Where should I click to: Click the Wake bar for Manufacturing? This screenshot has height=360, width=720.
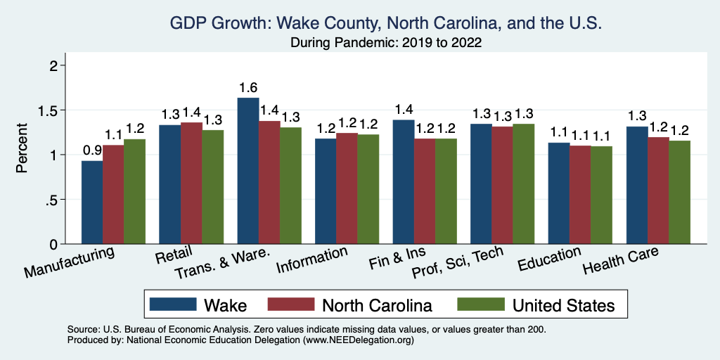pos(92,202)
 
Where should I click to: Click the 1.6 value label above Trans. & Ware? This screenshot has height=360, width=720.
pos(247,88)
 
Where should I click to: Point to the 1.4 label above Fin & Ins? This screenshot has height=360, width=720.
pos(403,110)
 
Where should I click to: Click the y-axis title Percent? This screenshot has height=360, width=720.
pos(23,149)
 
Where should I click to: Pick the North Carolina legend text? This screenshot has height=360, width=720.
pos(377,305)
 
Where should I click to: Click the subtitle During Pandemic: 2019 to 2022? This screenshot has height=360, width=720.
pos(386,42)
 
